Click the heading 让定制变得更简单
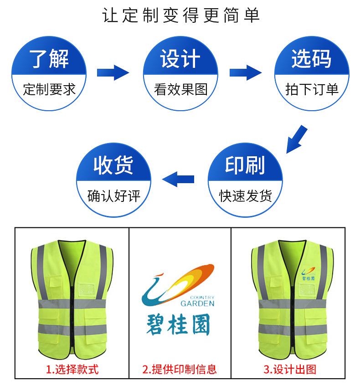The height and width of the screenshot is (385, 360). pyautogui.click(x=180, y=16)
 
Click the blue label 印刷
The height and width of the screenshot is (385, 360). pyautogui.click(x=245, y=166)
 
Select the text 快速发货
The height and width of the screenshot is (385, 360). pyautogui.click(x=245, y=196)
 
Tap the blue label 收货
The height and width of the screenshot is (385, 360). pyautogui.click(x=113, y=166)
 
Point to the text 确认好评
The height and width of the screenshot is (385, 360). pyautogui.click(x=113, y=196)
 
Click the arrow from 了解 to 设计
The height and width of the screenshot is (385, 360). pyautogui.click(x=113, y=72)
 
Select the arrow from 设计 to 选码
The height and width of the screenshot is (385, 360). pyautogui.click(x=245, y=72)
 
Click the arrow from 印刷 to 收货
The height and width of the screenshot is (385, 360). pyautogui.click(x=179, y=179)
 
